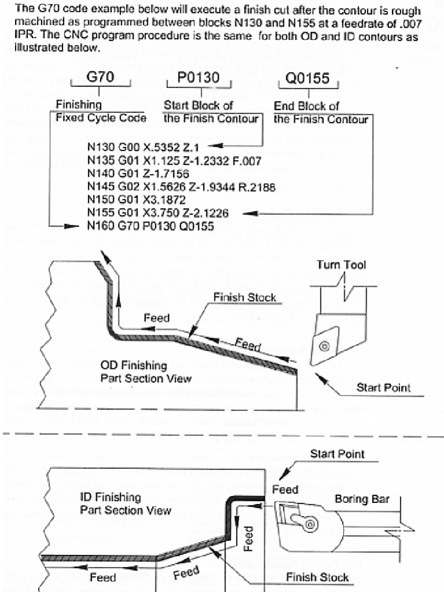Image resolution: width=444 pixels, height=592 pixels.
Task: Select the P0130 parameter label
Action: pos(198,77)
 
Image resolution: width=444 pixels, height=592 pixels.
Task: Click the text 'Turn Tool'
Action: pos(342,265)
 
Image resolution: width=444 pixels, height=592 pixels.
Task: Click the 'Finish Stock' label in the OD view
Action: pos(245,298)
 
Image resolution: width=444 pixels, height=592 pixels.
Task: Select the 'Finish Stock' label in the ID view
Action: pos(317,577)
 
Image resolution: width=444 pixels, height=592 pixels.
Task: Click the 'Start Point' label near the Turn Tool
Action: pos(383,387)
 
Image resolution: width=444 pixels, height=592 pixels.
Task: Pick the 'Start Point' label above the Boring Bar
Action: pos(337,454)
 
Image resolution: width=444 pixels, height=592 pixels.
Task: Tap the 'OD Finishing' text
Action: pos(134,365)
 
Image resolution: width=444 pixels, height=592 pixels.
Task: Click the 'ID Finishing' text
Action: pos(110,497)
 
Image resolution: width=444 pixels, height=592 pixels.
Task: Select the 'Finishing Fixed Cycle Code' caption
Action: pos(101,112)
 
